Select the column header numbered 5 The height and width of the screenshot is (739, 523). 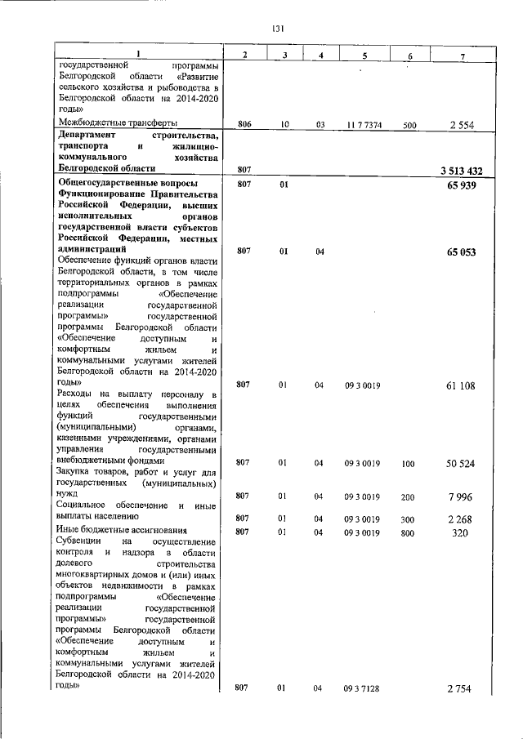pos(363,55)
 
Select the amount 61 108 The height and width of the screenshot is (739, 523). pos(463,385)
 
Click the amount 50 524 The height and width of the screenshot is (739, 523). pos(463,464)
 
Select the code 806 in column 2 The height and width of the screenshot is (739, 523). pos(244,125)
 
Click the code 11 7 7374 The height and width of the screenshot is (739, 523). pos(363,125)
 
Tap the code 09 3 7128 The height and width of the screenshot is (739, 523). pos(363,689)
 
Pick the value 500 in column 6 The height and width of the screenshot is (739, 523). pos(410,125)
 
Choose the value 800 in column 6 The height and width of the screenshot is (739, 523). pos(410,532)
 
